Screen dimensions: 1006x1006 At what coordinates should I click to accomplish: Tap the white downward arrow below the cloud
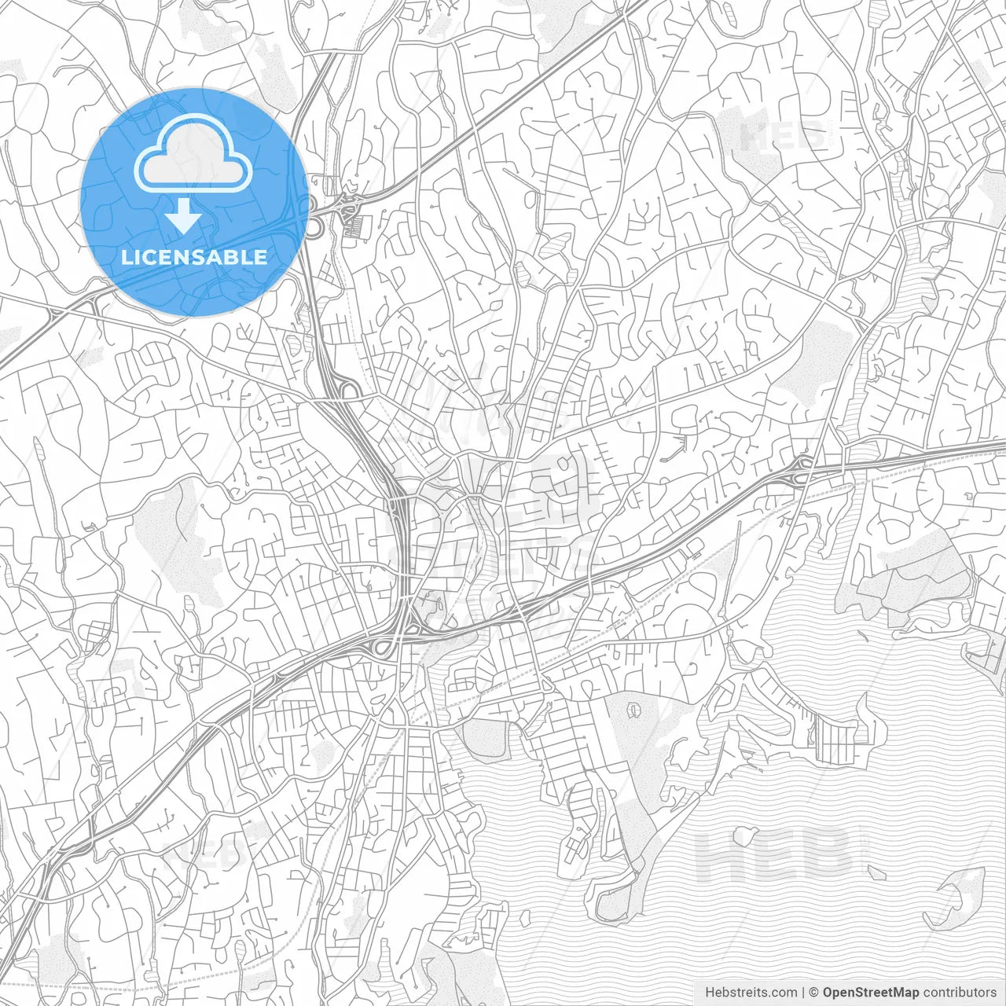[x=184, y=215]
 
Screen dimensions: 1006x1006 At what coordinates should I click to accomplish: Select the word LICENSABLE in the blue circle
[x=194, y=256]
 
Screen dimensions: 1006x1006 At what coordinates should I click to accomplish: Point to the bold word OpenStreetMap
[x=870, y=992]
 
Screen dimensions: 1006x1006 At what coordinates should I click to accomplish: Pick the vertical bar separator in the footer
[x=802, y=992]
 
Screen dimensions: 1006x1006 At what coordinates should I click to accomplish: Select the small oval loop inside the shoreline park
[x=633, y=711]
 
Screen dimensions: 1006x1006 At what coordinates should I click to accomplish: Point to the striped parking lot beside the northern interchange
[x=358, y=226]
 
